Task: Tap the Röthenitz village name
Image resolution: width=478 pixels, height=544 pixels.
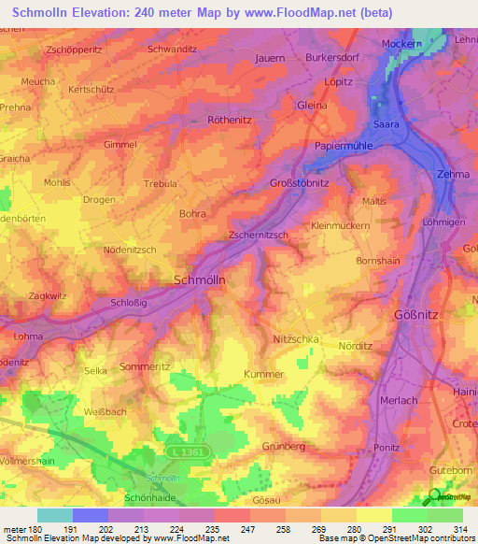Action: [232, 120]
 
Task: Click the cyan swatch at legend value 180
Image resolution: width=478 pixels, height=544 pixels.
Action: [55, 515]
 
